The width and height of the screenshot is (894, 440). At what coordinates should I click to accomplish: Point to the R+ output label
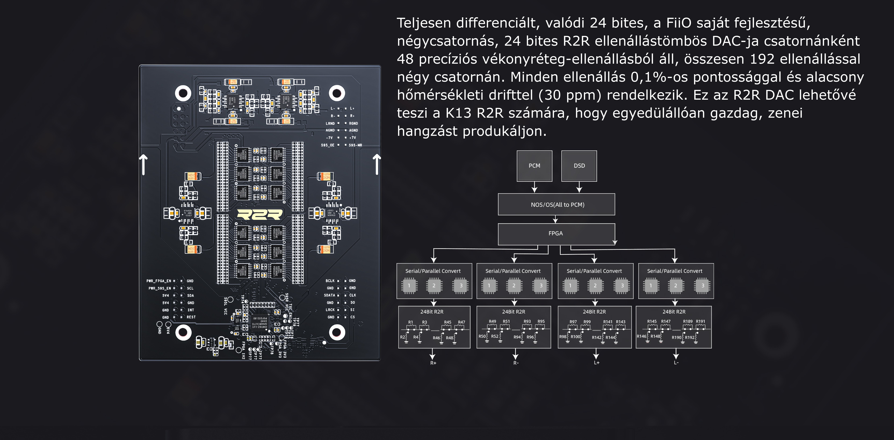click(x=433, y=363)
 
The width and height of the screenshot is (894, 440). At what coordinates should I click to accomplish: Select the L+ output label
click(x=597, y=363)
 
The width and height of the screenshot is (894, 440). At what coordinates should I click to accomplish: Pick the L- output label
click(x=676, y=363)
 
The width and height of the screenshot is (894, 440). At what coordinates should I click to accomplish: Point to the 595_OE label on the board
click(x=328, y=145)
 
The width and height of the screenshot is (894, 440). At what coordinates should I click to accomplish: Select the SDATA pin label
click(x=329, y=295)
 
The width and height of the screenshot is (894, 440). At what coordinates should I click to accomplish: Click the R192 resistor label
click(x=690, y=337)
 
